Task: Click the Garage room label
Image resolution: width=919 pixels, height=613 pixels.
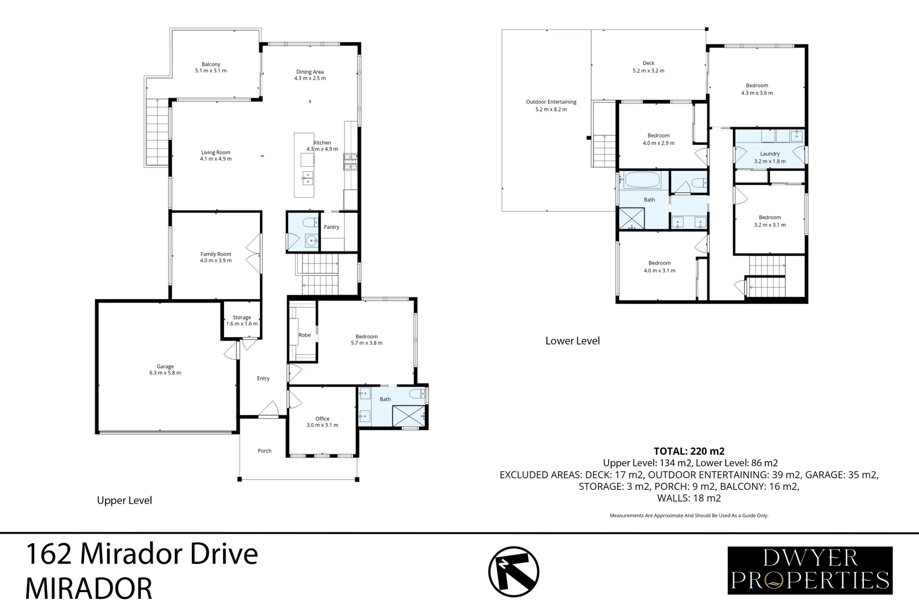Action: (165, 370)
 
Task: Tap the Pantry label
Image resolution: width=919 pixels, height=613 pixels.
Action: (331, 227)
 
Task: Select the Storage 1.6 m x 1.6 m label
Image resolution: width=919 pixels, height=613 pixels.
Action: (242, 320)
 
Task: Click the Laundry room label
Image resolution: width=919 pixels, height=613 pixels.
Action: (770, 157)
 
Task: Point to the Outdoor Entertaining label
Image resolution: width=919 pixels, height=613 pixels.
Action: (551, 106)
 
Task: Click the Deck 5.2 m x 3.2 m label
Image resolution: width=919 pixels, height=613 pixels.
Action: (648, 67)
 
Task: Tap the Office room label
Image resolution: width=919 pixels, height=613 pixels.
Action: (322, 422)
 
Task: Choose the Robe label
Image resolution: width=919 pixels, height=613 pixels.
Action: (305, 335)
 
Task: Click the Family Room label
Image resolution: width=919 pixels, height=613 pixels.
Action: (216, 257)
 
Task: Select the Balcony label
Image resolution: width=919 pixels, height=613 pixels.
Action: (211, 68)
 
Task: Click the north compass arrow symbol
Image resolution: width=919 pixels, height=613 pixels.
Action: (513, 572)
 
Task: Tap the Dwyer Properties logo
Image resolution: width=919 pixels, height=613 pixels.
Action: (810, 570)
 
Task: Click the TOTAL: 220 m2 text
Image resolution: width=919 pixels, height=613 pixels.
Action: (689, 451)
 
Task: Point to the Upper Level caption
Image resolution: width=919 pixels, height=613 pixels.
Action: (124, 501)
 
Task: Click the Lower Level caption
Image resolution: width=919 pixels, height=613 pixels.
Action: (572, 341)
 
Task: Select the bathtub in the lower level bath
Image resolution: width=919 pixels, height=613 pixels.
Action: (643, 180)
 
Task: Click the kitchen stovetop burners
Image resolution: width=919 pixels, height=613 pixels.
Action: (350, 161)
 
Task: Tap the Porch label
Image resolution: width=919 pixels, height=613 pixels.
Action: (264, 451)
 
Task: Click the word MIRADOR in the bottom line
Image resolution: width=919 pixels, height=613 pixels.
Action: (88, 589)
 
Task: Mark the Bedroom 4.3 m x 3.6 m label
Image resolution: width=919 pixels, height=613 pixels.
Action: (757, 89)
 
